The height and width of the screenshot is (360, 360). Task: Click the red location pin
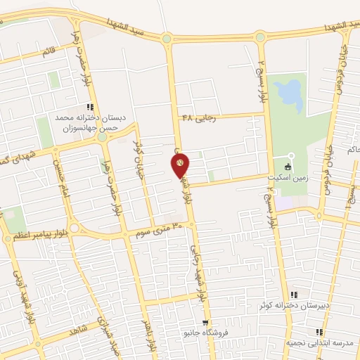tap(180, 165)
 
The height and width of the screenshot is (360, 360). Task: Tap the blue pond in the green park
tap(288, 96)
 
